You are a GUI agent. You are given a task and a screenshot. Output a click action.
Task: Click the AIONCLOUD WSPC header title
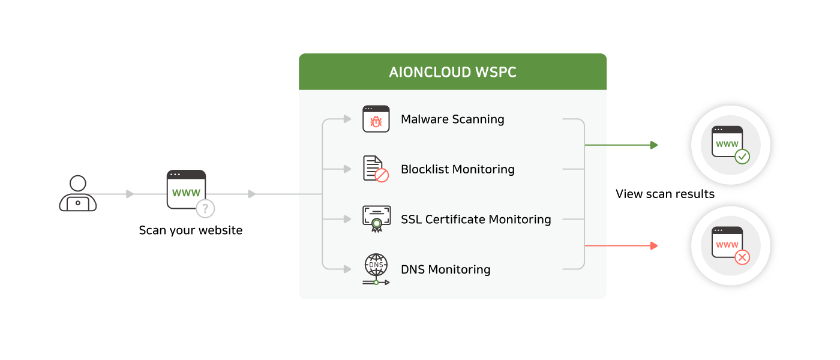coord(452,73)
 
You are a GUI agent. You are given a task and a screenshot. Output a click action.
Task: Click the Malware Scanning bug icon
coord(376,119)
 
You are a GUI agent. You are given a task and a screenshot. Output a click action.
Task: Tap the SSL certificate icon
coord(376,219)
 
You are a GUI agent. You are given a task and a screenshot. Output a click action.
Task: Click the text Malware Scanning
coord(452,119)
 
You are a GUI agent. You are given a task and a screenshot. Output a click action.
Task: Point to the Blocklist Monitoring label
coord(457,169)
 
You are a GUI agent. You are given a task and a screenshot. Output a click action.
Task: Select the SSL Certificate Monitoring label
coord(476,220)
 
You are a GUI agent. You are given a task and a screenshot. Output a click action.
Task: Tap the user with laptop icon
coord(77,193)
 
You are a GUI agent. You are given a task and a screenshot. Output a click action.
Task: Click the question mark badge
coord(205,209)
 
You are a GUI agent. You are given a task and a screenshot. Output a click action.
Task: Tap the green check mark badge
coord(742,157)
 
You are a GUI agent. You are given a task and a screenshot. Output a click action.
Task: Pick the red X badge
coord(742,258)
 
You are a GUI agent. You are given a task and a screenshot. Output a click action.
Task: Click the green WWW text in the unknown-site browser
coord(186,193)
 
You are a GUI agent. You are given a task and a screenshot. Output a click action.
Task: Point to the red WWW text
coord(727,245)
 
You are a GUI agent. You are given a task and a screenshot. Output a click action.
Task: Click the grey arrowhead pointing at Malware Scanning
coord(347,119)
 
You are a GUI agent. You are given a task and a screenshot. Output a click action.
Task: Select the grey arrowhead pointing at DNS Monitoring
coord(347,268)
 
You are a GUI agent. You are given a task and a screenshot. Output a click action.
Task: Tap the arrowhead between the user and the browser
coord(130,194)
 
